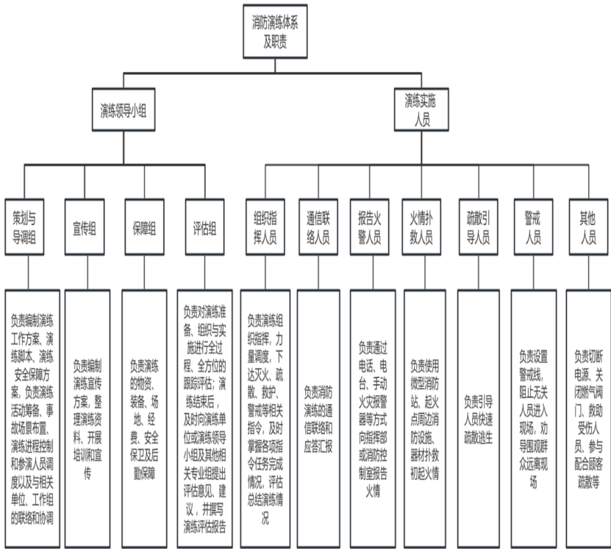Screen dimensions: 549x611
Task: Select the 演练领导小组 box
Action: tap(124, 111)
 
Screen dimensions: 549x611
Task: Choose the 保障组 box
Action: tap(143, 227)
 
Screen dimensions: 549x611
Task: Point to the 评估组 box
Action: tap(204, 227)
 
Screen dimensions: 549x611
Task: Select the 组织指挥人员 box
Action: tap(265, 227)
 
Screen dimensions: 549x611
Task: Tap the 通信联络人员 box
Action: tap(318, 227)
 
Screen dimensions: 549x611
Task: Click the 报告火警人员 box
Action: tap(371, 227)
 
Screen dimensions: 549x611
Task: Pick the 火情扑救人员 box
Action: tap(424, 227)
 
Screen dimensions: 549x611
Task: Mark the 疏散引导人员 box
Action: tap(479, 227)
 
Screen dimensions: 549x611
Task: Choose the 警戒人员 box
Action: tap(532, 227)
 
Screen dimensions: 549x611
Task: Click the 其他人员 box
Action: tap(587, 227)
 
